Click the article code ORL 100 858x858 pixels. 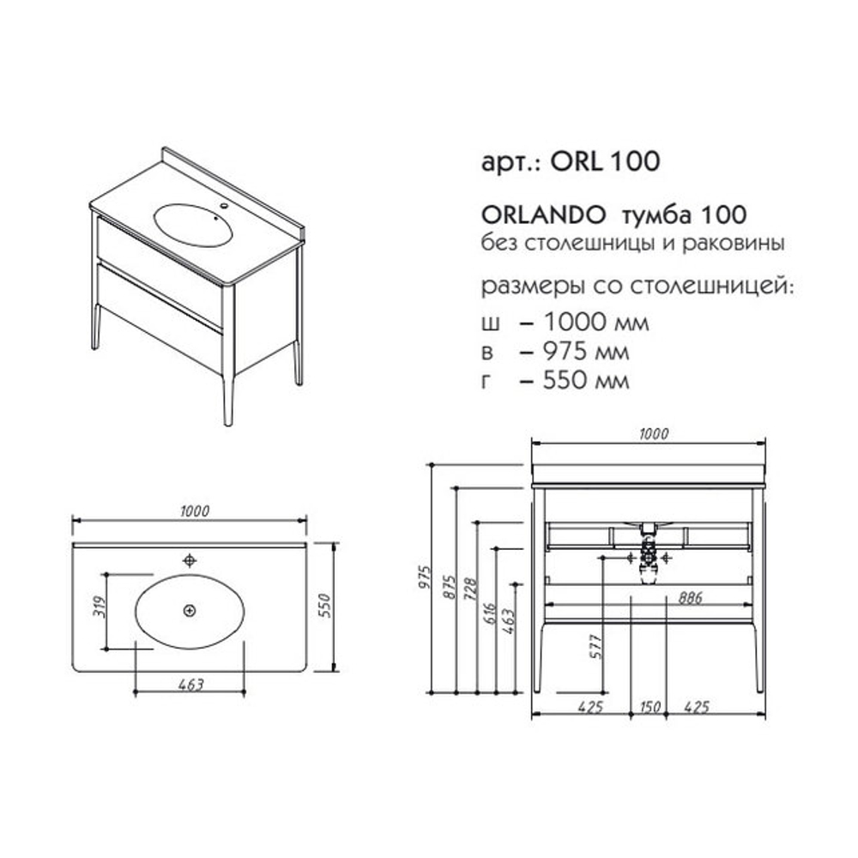coord(605,161)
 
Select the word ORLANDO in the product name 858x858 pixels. coord(543,215)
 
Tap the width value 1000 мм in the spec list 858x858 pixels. coord(596,322)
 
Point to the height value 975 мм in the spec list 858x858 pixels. coord(586,351)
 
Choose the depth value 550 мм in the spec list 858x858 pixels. coord(586,380)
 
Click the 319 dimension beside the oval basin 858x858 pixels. coord(100,607)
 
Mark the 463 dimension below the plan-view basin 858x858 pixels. coord(191,685)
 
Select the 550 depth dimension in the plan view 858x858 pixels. coord(324,606)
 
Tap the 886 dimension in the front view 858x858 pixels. coord(690,597)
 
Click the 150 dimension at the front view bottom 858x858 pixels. coord(650,707)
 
